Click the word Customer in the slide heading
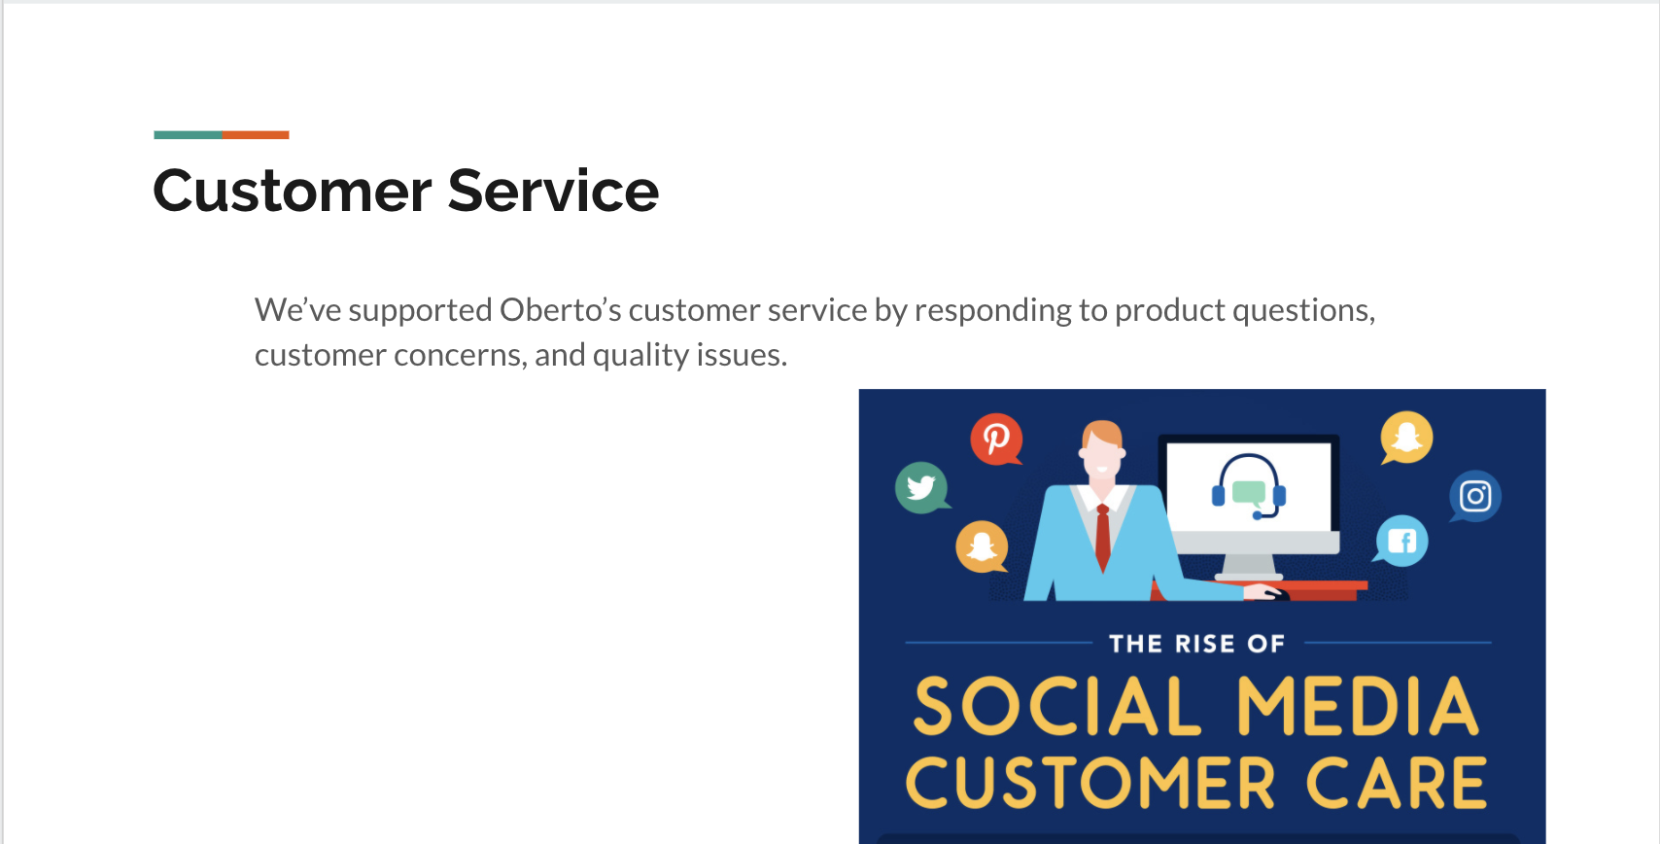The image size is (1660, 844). [x=292, y=191]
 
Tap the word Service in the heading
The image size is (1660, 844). [x=553, y=191]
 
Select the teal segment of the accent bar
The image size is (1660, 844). [x=188, y=135]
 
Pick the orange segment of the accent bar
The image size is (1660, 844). [x=256, y=135]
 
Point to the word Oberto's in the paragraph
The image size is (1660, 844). [x=560, y=310]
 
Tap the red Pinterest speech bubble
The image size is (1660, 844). [x=997, y=440]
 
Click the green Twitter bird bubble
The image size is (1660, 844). [x=922, y=487]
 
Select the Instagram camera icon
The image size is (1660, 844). [x=1474, y=496]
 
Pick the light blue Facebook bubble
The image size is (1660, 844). [x=1401, y=541]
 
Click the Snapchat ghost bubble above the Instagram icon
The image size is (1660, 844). [x=1405, y=438]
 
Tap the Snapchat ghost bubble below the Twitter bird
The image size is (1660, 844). [x=982, y=546]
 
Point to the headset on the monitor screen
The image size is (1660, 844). [x=1249, y=486]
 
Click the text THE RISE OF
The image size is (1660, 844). [x=1197, y=644]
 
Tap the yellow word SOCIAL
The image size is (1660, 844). [x=1056, y=707]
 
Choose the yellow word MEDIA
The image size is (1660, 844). [x=1359, y=707]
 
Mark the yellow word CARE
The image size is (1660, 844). [x=1397, y=783]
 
